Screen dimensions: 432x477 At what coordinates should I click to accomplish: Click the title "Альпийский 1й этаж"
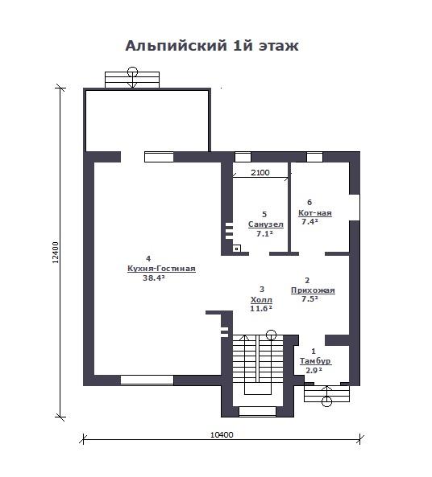click(x=212, y=46)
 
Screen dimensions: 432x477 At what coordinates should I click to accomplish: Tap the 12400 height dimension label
click(x=56, y=253)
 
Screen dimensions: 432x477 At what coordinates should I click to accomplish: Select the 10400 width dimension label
click(x=222, y=434)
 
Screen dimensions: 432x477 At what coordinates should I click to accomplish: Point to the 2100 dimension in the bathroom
click(x=260, y=172)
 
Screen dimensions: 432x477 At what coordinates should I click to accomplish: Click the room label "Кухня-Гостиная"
click(x=161, y=269)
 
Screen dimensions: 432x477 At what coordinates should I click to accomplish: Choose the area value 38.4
click(x=154, y=278)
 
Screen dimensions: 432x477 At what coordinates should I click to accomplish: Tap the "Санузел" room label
click(x=266, y=224)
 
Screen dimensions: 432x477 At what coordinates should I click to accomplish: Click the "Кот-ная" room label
click(x=315, y=213)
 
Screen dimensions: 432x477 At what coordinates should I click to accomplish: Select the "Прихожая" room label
click(x=313, y=290)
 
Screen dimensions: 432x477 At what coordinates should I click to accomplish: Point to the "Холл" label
click(x=261, y=300)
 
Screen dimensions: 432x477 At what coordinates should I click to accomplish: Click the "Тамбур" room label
click(x=315, y=361)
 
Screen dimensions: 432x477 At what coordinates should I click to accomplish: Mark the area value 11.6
click(x=261, y=308)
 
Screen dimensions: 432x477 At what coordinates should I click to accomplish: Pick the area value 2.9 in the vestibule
click(x=314, y=371)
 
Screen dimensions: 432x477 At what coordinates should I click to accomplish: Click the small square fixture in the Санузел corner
click(x=237, y=249)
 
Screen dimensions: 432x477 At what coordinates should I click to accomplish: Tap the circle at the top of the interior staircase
click(x=271, y=335)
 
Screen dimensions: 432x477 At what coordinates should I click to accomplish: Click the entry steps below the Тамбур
click(x=326, y=394)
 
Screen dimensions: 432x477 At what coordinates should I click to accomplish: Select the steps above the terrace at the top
click(x=132, y=80)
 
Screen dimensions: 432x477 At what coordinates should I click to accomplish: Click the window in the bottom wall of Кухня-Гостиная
click(x=147, y=380)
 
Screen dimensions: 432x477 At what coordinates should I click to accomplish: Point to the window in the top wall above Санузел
click(x=243, y=157)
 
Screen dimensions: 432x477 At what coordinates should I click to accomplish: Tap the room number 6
click(x=309, y=202)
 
